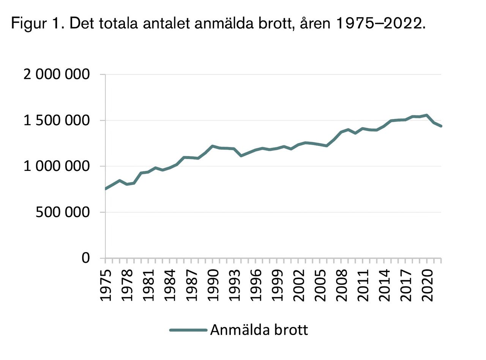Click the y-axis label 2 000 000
[x=57, y=74]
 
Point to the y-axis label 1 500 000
[x=57, y=120]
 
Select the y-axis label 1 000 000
[x=57, y=166]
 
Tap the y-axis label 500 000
[x=63, y=212]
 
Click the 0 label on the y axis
[x=86, y=258]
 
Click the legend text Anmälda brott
[x=259, y=330]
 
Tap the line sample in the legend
[x=188, y=330]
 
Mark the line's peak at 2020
[x=427, y=115]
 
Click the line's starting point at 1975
[x=106, y=189]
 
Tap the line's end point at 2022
[x=441, y=126]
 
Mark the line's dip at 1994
[x=241, y=156]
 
